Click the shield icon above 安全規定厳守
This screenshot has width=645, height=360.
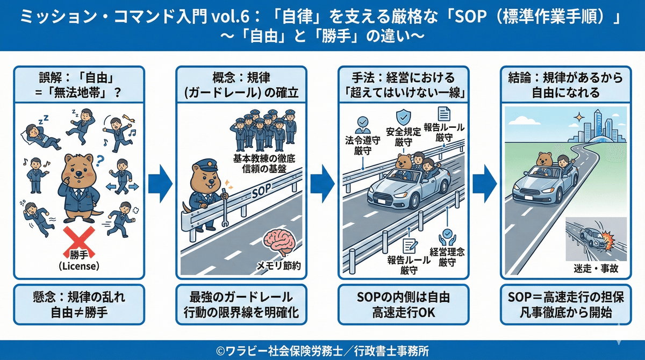[x=403, y=118]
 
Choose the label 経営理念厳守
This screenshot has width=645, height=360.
[x=447, y=256]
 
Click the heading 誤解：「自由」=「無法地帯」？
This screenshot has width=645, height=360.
[x=79, y=85]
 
